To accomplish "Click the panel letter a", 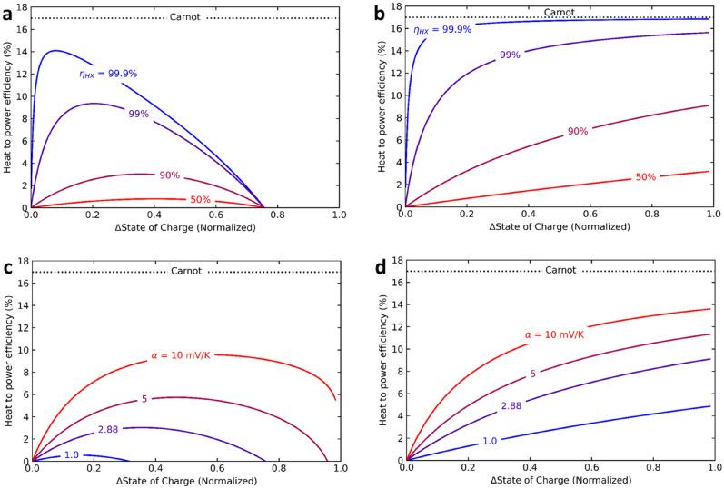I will (8, 10).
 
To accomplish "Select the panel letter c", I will (8, 266).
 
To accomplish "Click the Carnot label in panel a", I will (185, 18).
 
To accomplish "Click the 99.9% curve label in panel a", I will (109, 73).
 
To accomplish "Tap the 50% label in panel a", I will (201, 200).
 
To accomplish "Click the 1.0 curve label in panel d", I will (489, 441).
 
